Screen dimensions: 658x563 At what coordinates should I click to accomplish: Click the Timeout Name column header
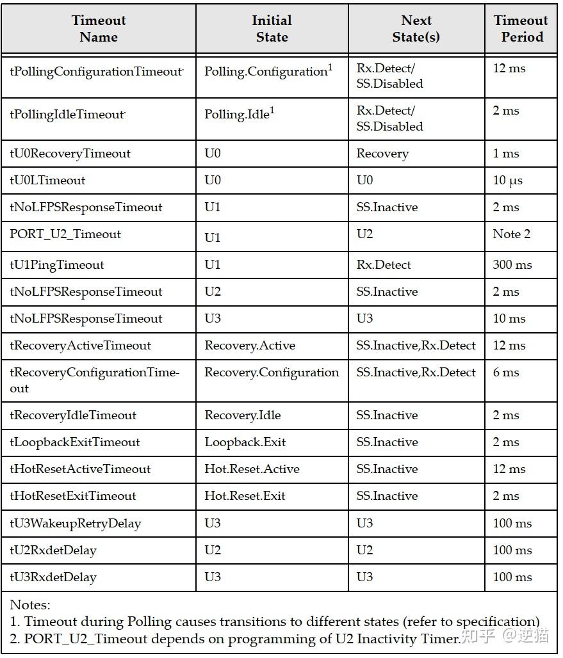point(99,29)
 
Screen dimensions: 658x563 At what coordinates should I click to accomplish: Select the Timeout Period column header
point(521,29)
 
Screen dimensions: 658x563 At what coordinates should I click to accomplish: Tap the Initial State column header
point(272,29)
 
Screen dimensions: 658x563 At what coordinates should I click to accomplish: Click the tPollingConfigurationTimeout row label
point(96,72)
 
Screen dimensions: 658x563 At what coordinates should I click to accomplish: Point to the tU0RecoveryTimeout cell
point(70,154)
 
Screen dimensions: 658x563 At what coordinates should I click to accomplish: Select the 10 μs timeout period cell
point(507,181)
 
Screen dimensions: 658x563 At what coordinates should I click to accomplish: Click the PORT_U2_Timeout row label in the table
point(65,234)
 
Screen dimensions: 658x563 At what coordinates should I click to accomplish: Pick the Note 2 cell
point(511,234)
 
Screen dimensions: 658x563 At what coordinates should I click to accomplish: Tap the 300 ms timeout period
point(512,265)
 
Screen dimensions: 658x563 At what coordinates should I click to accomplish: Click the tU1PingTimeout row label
point(57,265)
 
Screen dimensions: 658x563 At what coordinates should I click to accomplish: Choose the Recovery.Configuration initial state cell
point(272,373)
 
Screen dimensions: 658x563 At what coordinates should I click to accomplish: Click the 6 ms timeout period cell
point(506,373)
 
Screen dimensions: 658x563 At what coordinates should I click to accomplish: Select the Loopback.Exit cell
point(245,442)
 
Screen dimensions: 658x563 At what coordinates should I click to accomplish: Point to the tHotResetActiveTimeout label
point(80,469)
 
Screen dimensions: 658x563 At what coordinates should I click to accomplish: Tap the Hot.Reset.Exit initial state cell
point(245,496)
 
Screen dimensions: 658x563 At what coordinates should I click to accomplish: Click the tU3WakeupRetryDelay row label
point(75,524)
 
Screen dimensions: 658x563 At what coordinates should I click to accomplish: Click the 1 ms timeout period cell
point(506,154)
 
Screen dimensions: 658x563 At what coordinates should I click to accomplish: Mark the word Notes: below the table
point(29,605)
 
